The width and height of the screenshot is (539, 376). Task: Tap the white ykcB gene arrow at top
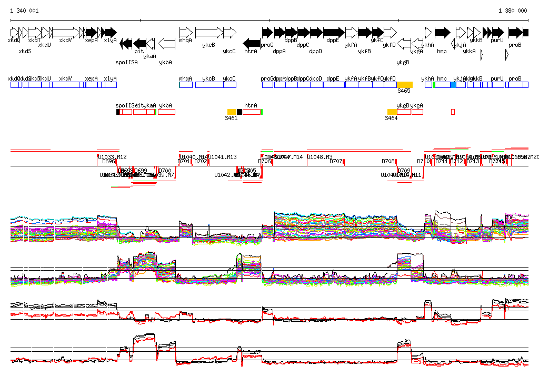tap(209, 32)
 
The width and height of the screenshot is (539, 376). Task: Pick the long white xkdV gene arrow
tap(66, 32)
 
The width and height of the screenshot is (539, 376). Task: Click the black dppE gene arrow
tap(334, 32)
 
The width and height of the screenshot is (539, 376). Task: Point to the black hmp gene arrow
tap(443, 32)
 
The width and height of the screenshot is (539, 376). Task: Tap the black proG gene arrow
tap(267, 32)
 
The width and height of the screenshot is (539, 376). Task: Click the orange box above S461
tap(232, 112)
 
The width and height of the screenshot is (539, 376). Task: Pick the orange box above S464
tap(392, 112)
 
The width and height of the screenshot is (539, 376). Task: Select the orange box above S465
tap(404, 85)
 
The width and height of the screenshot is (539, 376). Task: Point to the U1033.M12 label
tap(112, 157)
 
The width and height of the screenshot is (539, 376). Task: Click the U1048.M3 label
tap(320, 157)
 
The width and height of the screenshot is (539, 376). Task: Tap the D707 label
tap(336, 162)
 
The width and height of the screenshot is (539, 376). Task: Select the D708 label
tap(388, 162)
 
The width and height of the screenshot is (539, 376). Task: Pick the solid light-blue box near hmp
tap(453, 85)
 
